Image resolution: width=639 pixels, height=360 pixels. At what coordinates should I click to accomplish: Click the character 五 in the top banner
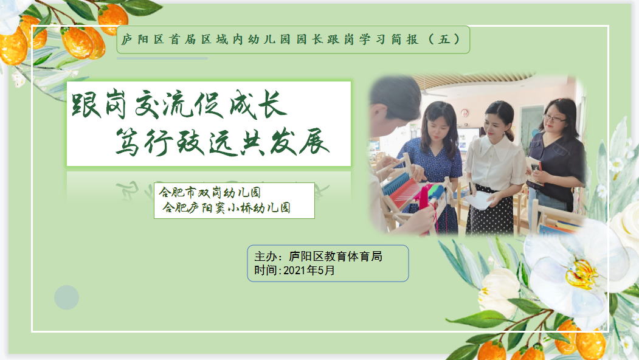point(444,40)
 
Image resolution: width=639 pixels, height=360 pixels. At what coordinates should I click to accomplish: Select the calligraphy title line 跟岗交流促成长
point(180,105)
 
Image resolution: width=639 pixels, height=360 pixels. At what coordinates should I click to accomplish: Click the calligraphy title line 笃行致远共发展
point(223,142)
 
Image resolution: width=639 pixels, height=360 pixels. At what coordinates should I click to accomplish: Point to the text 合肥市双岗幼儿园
point(210,192)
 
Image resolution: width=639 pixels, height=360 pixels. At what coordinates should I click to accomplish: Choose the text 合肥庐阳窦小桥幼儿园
point(226,207)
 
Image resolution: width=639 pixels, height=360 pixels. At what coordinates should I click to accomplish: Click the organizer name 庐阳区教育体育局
point(336,256)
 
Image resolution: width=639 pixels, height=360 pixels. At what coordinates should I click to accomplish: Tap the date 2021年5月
point(309,271)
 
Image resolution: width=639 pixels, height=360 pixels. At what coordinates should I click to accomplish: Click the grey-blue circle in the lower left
point(66,297)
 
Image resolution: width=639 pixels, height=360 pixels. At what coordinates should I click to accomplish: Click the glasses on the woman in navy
point(554,119)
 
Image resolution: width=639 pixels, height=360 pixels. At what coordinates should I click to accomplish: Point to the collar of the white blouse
point(497,148)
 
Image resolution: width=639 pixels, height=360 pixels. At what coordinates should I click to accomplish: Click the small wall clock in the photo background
point(464,113)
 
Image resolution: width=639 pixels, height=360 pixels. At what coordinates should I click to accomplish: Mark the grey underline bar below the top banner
point(162,58)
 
